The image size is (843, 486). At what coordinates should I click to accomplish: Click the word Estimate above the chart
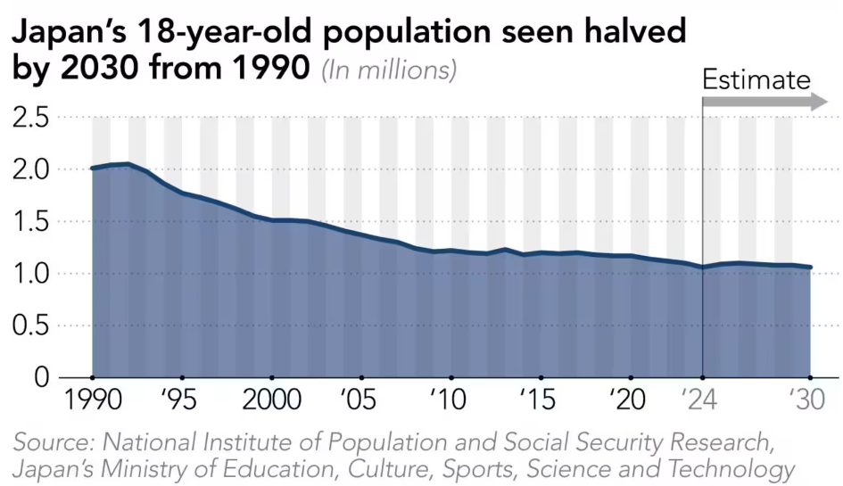coord(756,79)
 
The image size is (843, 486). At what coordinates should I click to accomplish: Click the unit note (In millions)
coord(389,70)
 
